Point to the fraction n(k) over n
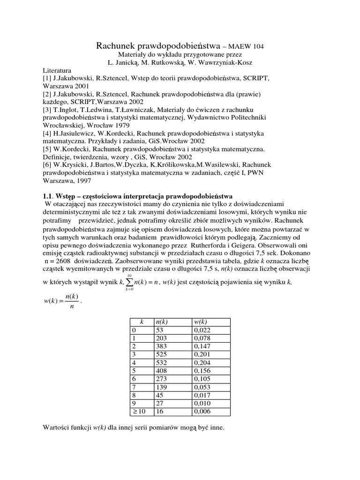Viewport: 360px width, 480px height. pos(71,301)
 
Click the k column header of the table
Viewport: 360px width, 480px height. pos(141,322)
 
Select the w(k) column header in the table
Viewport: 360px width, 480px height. pos(201,322)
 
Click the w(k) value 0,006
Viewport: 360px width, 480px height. pos(202,411)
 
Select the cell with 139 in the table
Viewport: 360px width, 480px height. pos(162,387)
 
